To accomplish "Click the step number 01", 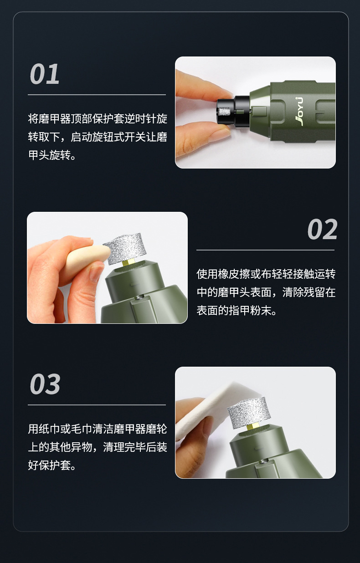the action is [x=45, y=74].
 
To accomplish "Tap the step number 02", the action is [x=322, y=229].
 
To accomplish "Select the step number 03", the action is [x=45, y=384].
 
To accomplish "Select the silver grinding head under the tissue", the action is [x=248, y=412].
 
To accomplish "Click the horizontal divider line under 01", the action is [x=97, y=95].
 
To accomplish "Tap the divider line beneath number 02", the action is [x=265, y=250].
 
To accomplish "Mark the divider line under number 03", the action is [x=97, y=405].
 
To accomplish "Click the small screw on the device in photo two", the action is [x=138, y=297].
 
